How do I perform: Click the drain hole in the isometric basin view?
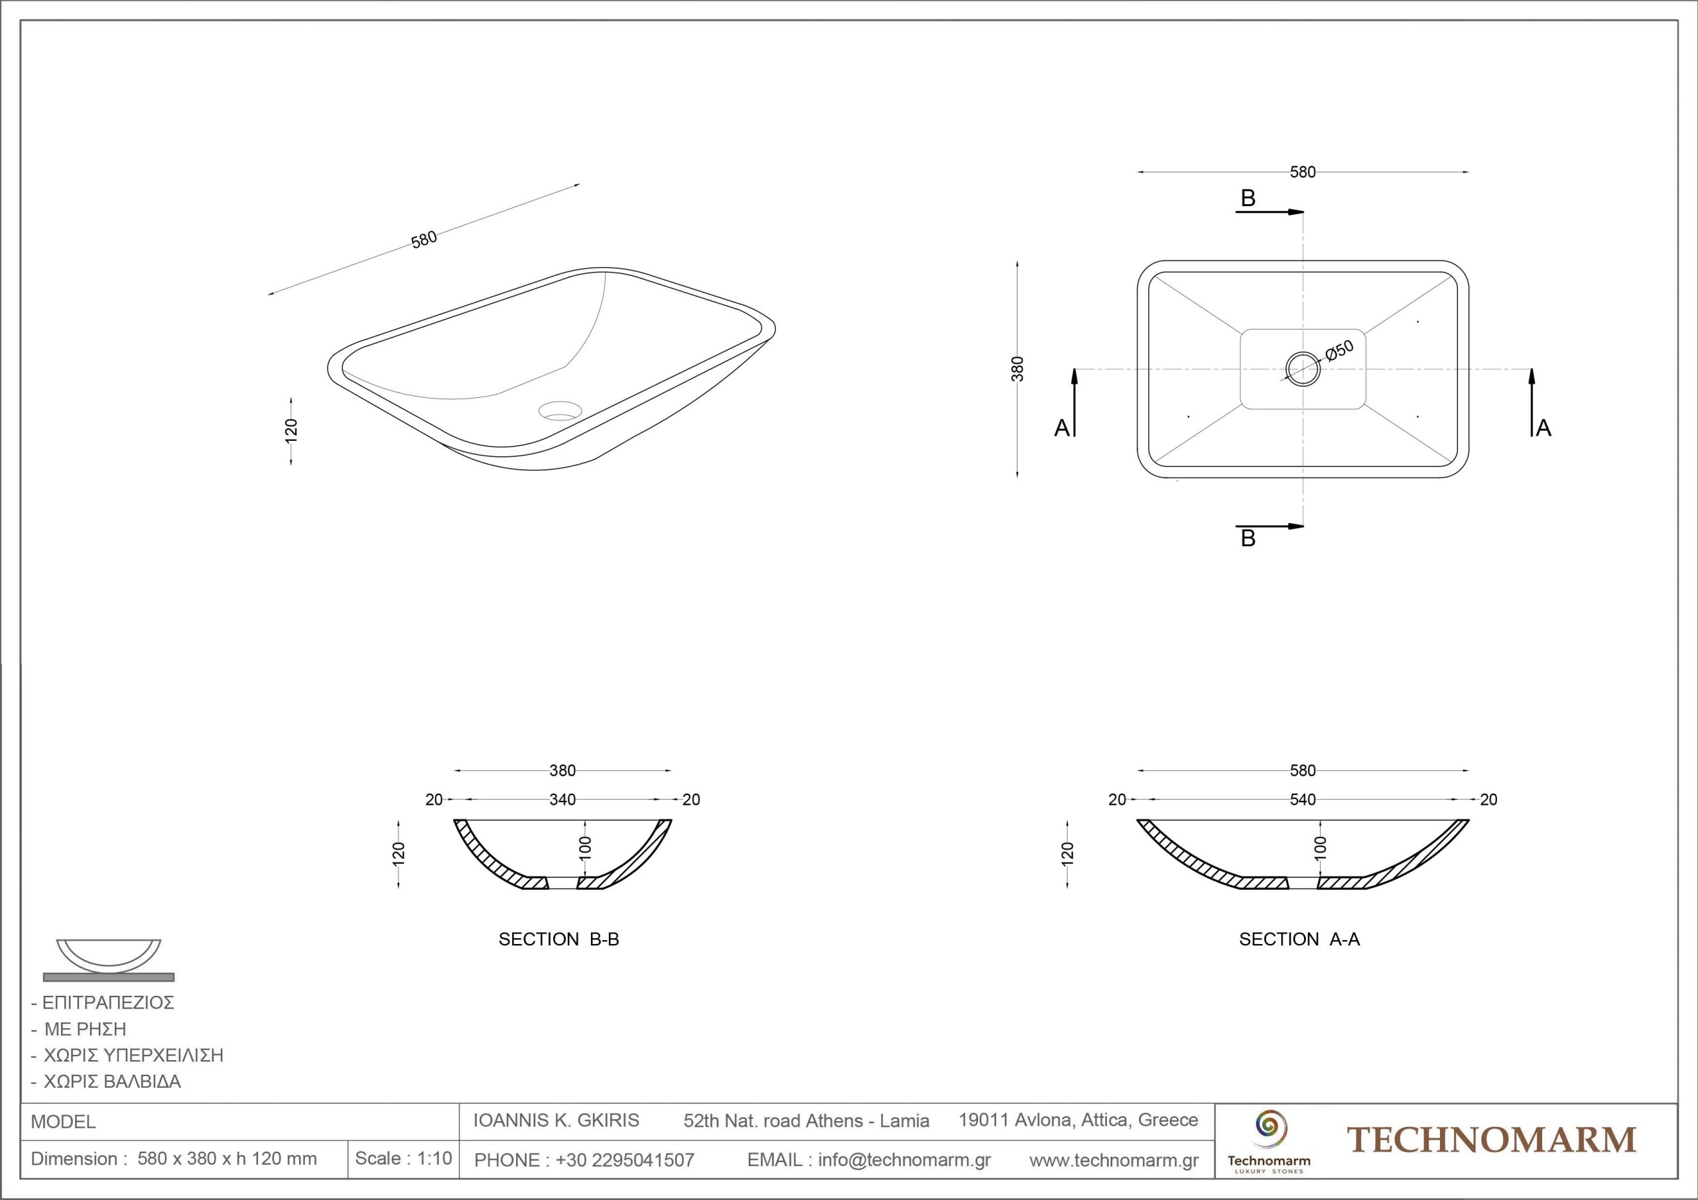[560, 410]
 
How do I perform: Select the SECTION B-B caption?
[558, 939]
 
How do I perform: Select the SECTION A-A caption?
[1299, 939]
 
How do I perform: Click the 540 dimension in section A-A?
[1303, 800]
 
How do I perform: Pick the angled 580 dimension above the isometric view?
[424, 239]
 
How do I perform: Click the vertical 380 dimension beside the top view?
[1017, 369]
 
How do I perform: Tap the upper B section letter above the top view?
[1248, 198]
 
